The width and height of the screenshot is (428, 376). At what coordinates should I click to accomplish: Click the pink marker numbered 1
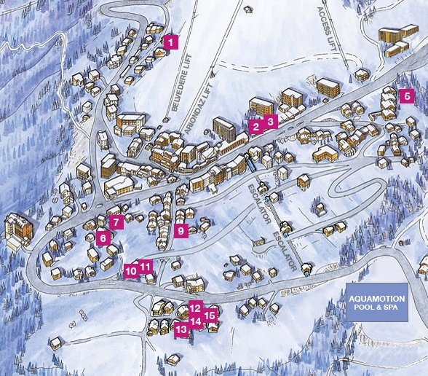170,42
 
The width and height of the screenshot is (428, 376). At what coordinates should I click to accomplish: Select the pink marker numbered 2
255,127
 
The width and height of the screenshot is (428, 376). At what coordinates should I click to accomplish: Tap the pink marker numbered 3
270,121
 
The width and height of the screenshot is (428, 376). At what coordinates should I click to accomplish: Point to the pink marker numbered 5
407,95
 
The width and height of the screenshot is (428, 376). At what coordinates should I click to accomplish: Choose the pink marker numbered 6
103,237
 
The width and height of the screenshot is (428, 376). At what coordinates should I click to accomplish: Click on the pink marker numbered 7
115,221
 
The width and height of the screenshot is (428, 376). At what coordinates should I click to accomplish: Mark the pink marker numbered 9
181,231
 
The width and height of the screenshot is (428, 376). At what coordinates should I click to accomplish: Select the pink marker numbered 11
146,266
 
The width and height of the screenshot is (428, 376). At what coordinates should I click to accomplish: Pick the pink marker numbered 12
195,308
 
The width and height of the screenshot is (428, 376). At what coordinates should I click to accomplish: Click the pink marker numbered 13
181,329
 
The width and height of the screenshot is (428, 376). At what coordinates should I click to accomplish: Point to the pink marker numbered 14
196,321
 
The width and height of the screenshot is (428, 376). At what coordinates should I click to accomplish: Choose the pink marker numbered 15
210,316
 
